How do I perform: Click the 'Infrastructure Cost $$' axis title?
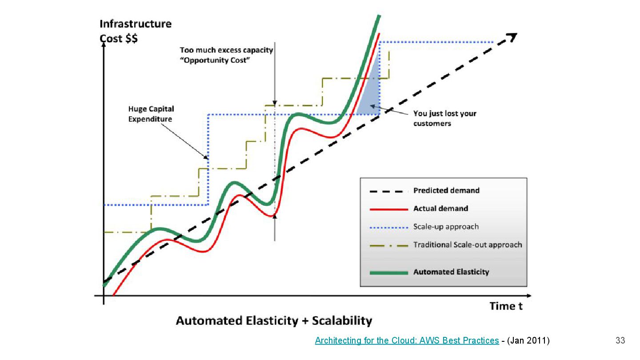tap(135, 31)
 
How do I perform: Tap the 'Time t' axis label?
tap(506, 306)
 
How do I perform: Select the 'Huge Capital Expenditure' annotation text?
tap(151, 114)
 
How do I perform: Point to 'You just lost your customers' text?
tap(444, 118)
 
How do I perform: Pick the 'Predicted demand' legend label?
tap(446, 191)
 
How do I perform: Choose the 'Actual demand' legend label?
tap(440, 208)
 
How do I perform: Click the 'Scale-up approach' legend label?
tap(446, 227)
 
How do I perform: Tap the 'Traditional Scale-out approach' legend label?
tap(468, 245)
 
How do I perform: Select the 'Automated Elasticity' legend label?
tap(451, 272)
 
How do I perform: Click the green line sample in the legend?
tap(388, 272)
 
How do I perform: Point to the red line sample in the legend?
tap(388, 209)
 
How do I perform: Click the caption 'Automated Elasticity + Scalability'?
tap(274, 321)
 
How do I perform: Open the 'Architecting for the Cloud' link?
tap(407, 341)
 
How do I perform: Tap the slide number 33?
tap(620, 341)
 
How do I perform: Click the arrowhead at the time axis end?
tap(529, 296)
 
